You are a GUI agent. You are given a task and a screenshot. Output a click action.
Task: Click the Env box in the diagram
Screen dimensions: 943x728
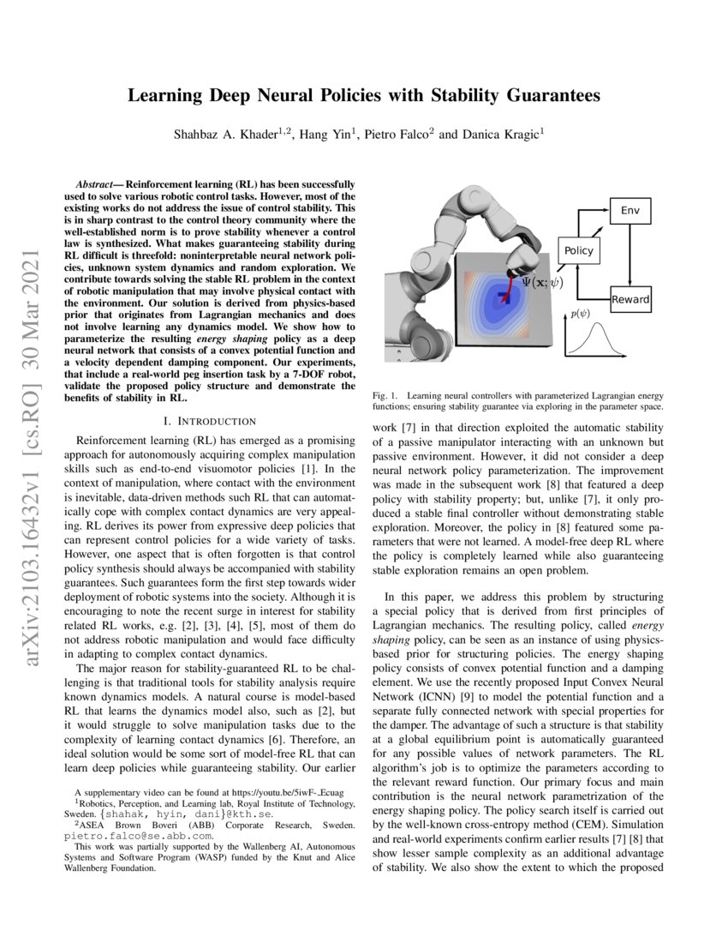629,210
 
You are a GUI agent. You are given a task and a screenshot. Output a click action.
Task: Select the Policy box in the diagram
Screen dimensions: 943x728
577,250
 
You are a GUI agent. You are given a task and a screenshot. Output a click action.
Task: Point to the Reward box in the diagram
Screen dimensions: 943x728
630,299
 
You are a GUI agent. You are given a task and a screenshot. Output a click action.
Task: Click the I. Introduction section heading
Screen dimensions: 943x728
209,421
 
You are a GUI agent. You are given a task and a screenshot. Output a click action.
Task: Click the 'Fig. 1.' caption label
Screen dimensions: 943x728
387,395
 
